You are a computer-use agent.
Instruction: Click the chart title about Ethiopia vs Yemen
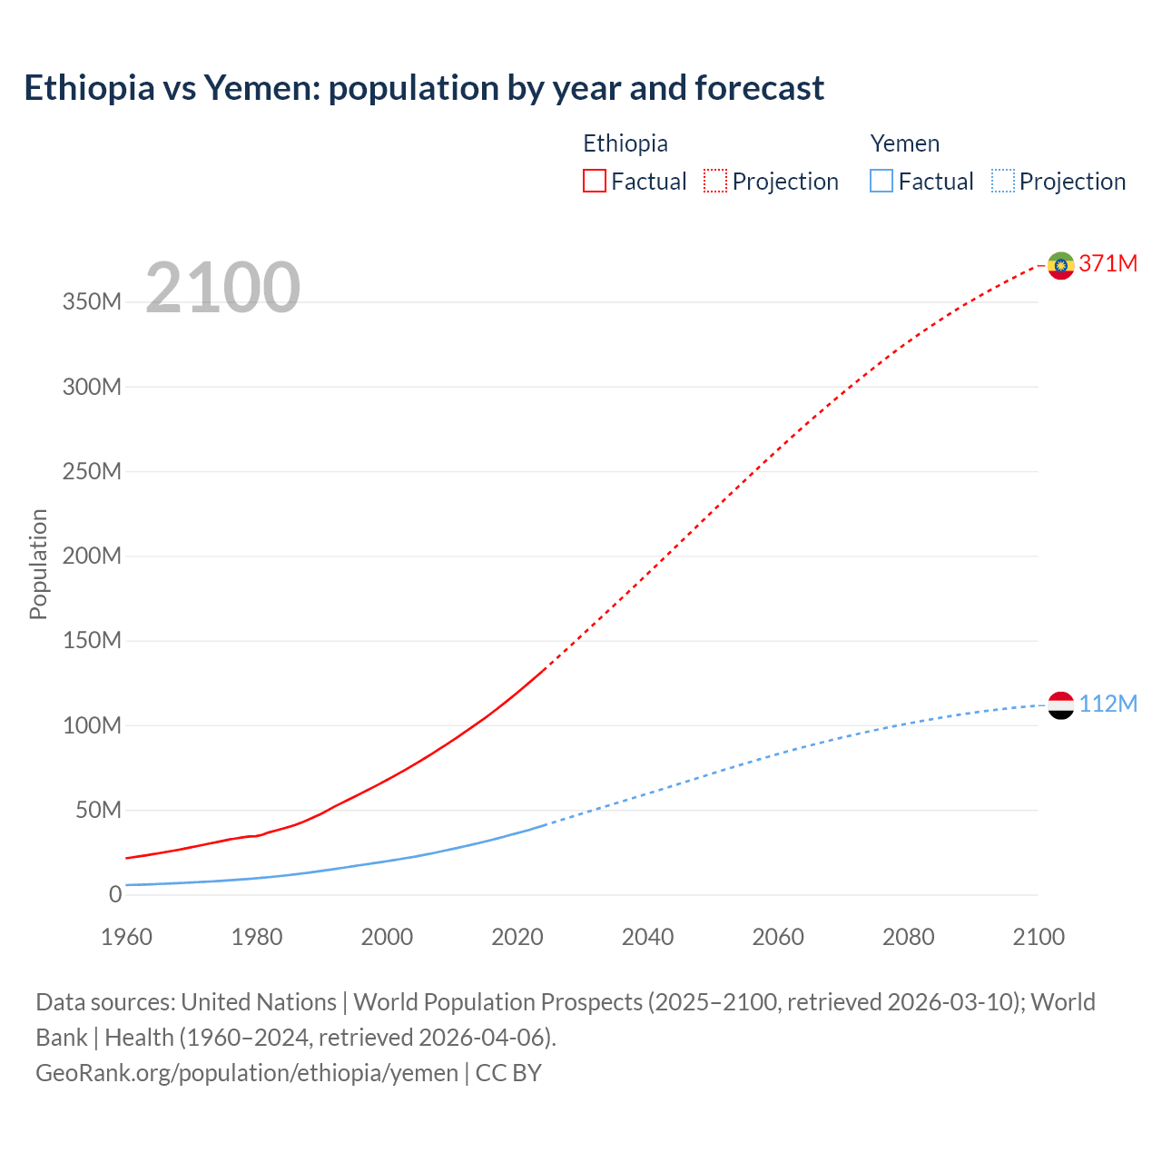click(424, 88)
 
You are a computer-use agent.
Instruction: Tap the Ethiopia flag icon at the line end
click(1060, 265)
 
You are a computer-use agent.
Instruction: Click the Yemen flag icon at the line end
click(1060, 705)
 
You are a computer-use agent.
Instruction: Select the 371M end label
click(1108, 263)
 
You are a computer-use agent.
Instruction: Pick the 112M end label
click(1108, 704)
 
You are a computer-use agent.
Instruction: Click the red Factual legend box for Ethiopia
click(595, 181)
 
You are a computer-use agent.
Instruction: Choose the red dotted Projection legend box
click(715, 181)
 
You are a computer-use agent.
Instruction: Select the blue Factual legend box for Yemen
click(881, 181)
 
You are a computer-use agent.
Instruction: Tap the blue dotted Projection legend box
click(1003, 181)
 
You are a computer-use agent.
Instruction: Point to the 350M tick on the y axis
click(92, 302)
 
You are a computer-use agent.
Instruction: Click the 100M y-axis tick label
click(92, 725)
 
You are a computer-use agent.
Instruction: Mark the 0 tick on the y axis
click(114, 894)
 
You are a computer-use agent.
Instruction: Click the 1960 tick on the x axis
click(126, 937)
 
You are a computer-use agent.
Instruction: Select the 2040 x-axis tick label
click(647, 937)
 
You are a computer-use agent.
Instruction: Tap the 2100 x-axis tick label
click(1038, 937)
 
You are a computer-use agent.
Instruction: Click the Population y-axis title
click(38, 564)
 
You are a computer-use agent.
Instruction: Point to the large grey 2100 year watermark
click(222, 287)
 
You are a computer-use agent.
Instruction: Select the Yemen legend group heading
click(904, 143)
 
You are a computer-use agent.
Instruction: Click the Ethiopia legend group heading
click(625, 143)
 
